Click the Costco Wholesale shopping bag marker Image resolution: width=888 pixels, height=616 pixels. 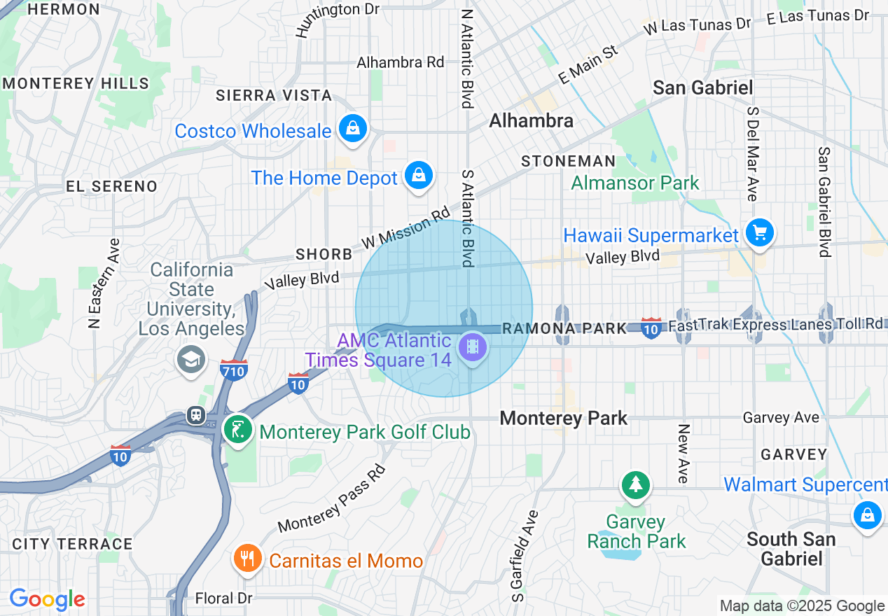[x=354, y=129]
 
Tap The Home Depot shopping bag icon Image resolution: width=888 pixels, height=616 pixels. [x=418, y=176]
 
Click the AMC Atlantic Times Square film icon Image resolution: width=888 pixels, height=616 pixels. [x=473, y=346]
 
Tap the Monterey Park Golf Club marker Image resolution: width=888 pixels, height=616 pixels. [x=238, y=429]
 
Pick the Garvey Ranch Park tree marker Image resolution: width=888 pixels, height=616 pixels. [x=635, y=484]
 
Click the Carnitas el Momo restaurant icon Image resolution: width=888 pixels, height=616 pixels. [x=247, y=559]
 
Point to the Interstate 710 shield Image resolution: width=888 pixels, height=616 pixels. [x=233, y=370]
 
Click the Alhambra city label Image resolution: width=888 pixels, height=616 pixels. [x=531, y=121]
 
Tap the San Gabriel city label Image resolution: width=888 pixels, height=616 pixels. [x=702, y=88]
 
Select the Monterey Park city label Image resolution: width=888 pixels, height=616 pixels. [x=564, y=419]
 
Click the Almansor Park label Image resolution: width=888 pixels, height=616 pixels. [x=634, y=183]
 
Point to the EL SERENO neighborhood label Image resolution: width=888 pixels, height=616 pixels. [x=111, y=186]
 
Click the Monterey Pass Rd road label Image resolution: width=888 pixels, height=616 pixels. [x=332, y=498]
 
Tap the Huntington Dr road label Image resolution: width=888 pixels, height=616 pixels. [x=337, y=19]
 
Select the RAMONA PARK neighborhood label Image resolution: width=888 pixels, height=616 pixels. [x=564, y=328]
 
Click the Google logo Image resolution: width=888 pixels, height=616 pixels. [x=47, y=599]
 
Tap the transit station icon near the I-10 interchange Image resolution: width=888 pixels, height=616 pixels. [x=196, y=416]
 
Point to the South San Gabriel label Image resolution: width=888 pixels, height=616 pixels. [x=791, y=549]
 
